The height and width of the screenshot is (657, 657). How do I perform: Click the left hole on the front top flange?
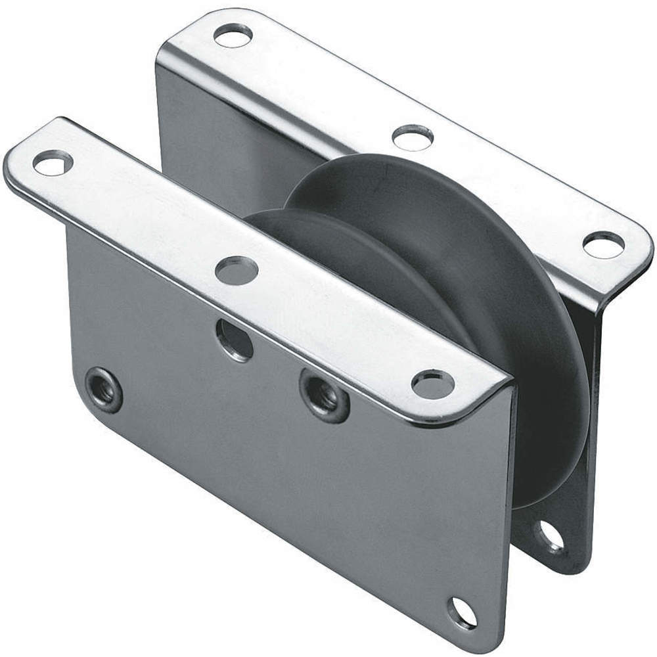52,162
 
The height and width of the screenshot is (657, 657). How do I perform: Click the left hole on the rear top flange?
233,35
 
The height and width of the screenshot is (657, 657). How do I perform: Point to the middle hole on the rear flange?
413,137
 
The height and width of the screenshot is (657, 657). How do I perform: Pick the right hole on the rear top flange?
602,244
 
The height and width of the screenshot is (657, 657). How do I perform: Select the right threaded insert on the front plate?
325,396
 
